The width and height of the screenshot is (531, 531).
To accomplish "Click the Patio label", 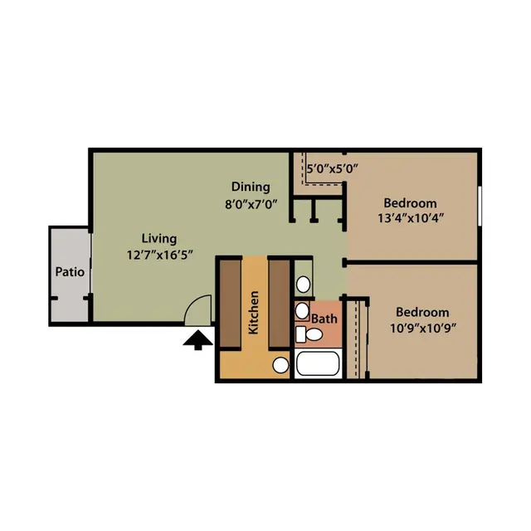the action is pos(70,271).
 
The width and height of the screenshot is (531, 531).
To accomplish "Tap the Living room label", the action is pos(159,239).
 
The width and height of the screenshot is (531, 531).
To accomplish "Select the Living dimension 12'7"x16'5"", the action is pos(160,255).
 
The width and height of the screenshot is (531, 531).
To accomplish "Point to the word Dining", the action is pos(251,187).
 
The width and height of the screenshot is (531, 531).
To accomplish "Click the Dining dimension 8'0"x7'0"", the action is pos(251,204).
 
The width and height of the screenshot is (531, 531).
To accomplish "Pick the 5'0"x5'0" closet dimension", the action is pos(332,168).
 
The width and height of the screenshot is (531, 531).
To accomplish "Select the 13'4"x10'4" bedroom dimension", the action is pos(411,218).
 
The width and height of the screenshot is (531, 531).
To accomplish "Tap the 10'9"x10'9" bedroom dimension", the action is pos(423,329).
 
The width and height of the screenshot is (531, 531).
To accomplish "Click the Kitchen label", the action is pos(254,313).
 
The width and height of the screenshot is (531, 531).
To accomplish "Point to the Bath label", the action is pos(324,319).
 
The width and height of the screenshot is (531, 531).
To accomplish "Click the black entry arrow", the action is pos(198,340).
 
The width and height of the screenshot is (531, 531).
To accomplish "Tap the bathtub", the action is pos(318,363).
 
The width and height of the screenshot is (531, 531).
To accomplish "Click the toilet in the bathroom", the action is pos(309,334).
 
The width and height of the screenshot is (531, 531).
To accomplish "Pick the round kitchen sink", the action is pos(280,365).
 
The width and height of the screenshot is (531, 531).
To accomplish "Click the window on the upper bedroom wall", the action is pos(480,206).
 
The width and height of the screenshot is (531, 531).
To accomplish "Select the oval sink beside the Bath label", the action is pos(302,310).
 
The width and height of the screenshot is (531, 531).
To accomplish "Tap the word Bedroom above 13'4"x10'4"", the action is pos(410,203).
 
